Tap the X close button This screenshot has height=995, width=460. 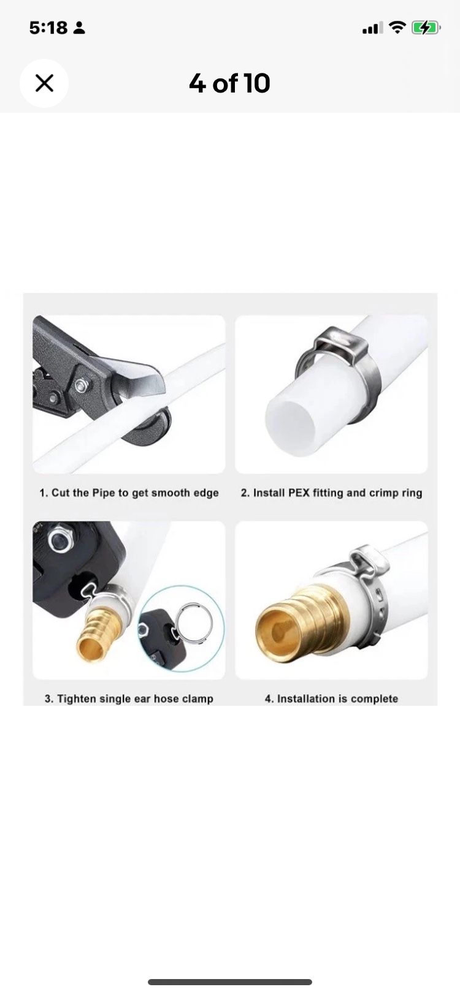(x=44, y=83)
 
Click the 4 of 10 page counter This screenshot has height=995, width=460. (x=229, y=83)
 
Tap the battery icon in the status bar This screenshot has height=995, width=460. (x=426, y=28)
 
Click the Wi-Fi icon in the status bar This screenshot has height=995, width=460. (x=397, y=28)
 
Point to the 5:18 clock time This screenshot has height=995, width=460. (x=48, y=28)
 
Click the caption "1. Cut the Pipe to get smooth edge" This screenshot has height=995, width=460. (x=129, y=493)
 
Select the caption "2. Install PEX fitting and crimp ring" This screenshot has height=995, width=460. (x=331, y=493)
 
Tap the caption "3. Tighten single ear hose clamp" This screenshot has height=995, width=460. (x=129, y=698)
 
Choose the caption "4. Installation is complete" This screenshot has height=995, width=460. (x=331, y=698)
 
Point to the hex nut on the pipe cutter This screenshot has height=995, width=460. (x=80, y=385)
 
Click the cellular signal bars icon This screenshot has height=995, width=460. (x=373, y=28)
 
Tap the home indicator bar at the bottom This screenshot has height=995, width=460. (x=230, y=982)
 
